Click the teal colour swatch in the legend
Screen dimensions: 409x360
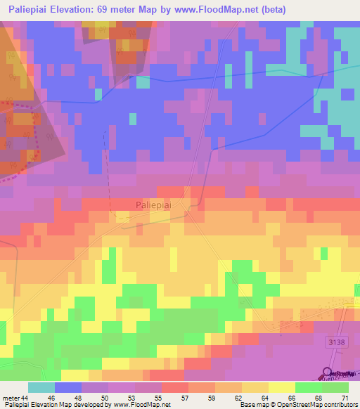point(41,388)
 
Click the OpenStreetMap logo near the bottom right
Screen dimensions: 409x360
point(340,373)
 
